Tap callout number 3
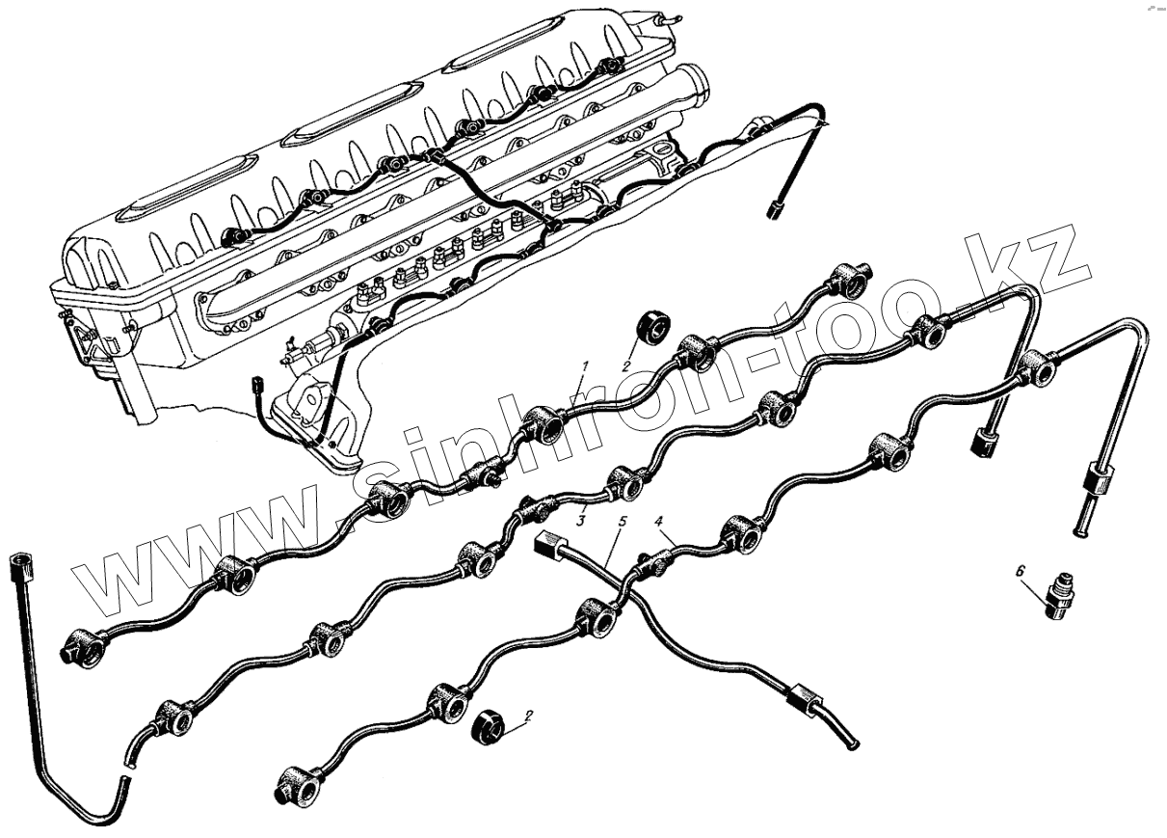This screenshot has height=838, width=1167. pyautogui.click(x=581, y=520)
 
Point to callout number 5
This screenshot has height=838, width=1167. pyautogui.click(x=622, y=521)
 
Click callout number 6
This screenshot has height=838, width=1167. pyautogui.click(x=1021, y=571)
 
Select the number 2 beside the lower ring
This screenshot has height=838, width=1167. pyautogui.click(x=528, y=717)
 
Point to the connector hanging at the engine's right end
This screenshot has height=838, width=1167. pyautogui.click(x=776, y=208)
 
